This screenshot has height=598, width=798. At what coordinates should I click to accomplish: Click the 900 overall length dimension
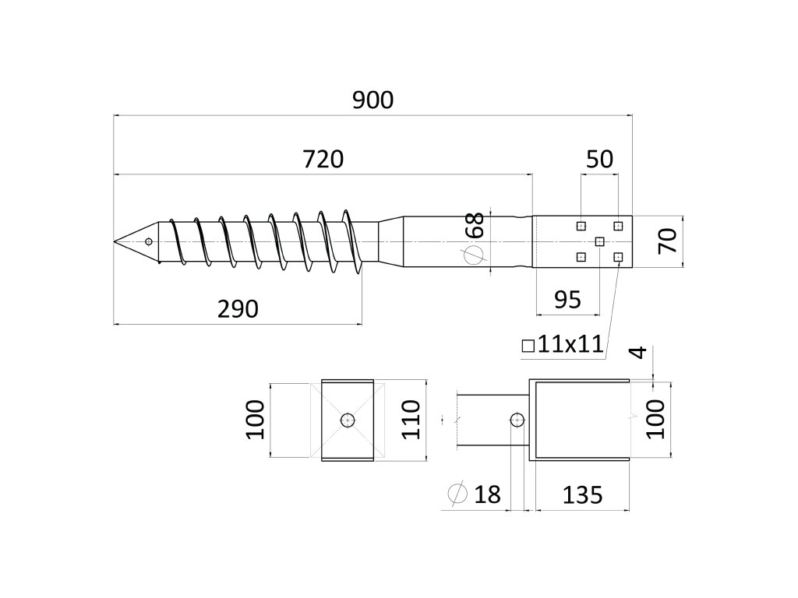click(373, 100)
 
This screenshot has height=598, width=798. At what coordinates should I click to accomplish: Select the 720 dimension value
click(323, 160)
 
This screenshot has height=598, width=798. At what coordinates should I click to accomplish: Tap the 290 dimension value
click(237, 309)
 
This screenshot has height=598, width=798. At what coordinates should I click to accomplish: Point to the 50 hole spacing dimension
click(599, 160)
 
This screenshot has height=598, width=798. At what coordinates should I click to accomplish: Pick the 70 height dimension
click(666, 241)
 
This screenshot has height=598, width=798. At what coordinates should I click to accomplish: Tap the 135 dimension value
click(578, 494)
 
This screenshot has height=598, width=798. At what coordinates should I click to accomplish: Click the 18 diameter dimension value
click(487, 494)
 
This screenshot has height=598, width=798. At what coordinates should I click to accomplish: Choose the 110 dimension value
click(411, 420)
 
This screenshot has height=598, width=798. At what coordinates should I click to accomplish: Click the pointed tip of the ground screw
click(115, 242)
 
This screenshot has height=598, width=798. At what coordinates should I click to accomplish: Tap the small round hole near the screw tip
click(148, 241)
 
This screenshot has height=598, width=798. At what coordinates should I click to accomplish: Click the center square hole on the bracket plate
click(599, 241)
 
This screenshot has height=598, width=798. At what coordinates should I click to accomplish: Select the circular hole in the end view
click(348, 420)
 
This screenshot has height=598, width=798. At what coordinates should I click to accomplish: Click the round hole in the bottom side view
click(516, 420)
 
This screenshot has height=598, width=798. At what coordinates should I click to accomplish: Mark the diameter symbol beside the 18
click(457, 494)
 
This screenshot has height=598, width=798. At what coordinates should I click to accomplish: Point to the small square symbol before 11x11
click(528, 345)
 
